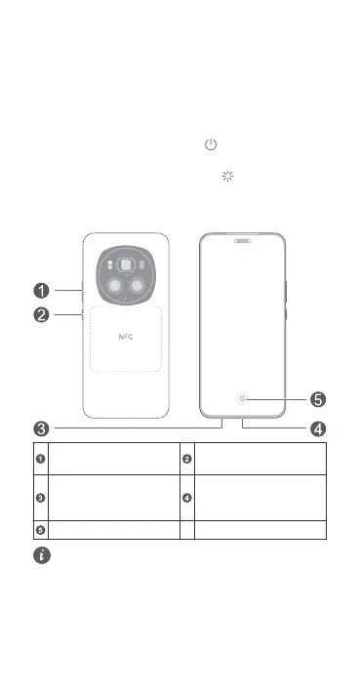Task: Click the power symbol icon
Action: click(211, 144)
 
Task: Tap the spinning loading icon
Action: click(227, 177)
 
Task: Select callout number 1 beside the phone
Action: click(42, 291)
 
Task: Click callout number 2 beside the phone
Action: click(42, 315)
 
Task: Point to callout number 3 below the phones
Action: click(42, 428)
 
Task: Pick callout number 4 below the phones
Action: click(318, 428)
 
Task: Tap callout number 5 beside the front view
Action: click(318, 400)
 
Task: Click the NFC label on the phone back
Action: click(126, 337)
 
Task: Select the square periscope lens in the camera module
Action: click(126, 265)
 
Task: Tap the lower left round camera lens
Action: click(115, 287)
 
